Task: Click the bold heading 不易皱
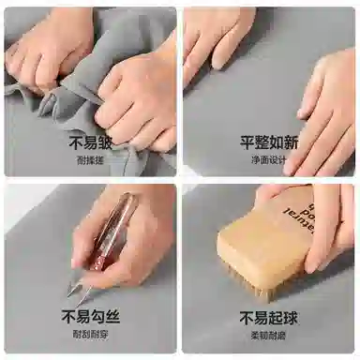(90, 143)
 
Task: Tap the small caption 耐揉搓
(90, 160)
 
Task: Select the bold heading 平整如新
(269, 143)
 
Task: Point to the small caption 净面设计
(269, 160)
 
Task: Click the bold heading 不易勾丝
(90, 317)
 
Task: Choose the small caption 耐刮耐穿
(90, 334)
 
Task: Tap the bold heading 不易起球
(269, 317)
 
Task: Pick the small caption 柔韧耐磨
(269, 334)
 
